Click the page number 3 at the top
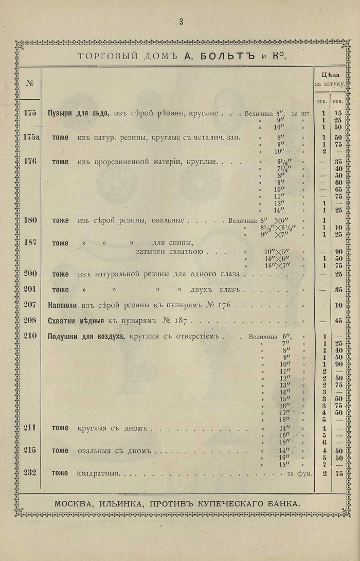click(x=181, y=21)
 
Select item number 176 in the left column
click(x=30, y=161)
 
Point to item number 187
click(x=30, y=243)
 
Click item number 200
click(x=30, y=273)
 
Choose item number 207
click(x=30, y=305)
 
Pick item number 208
click(x=30, y=320)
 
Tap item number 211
click(x=30, y=427)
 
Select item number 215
click(x=30, y=450)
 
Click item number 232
click(x=30, y=474)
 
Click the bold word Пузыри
click(x=60, y=113)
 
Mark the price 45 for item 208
click(x=338, y=321)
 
